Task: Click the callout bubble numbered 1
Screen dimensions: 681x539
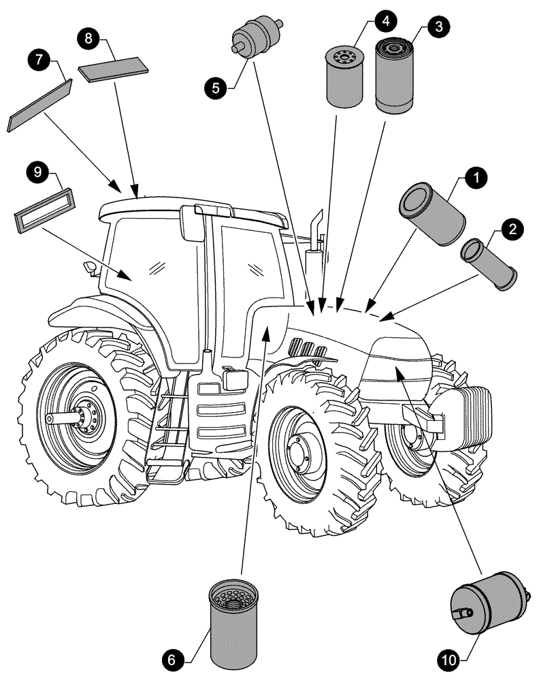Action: pos(476,178)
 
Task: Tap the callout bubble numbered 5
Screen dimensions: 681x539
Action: pos(217,86)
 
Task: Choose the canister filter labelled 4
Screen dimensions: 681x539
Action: pos(346,76)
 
